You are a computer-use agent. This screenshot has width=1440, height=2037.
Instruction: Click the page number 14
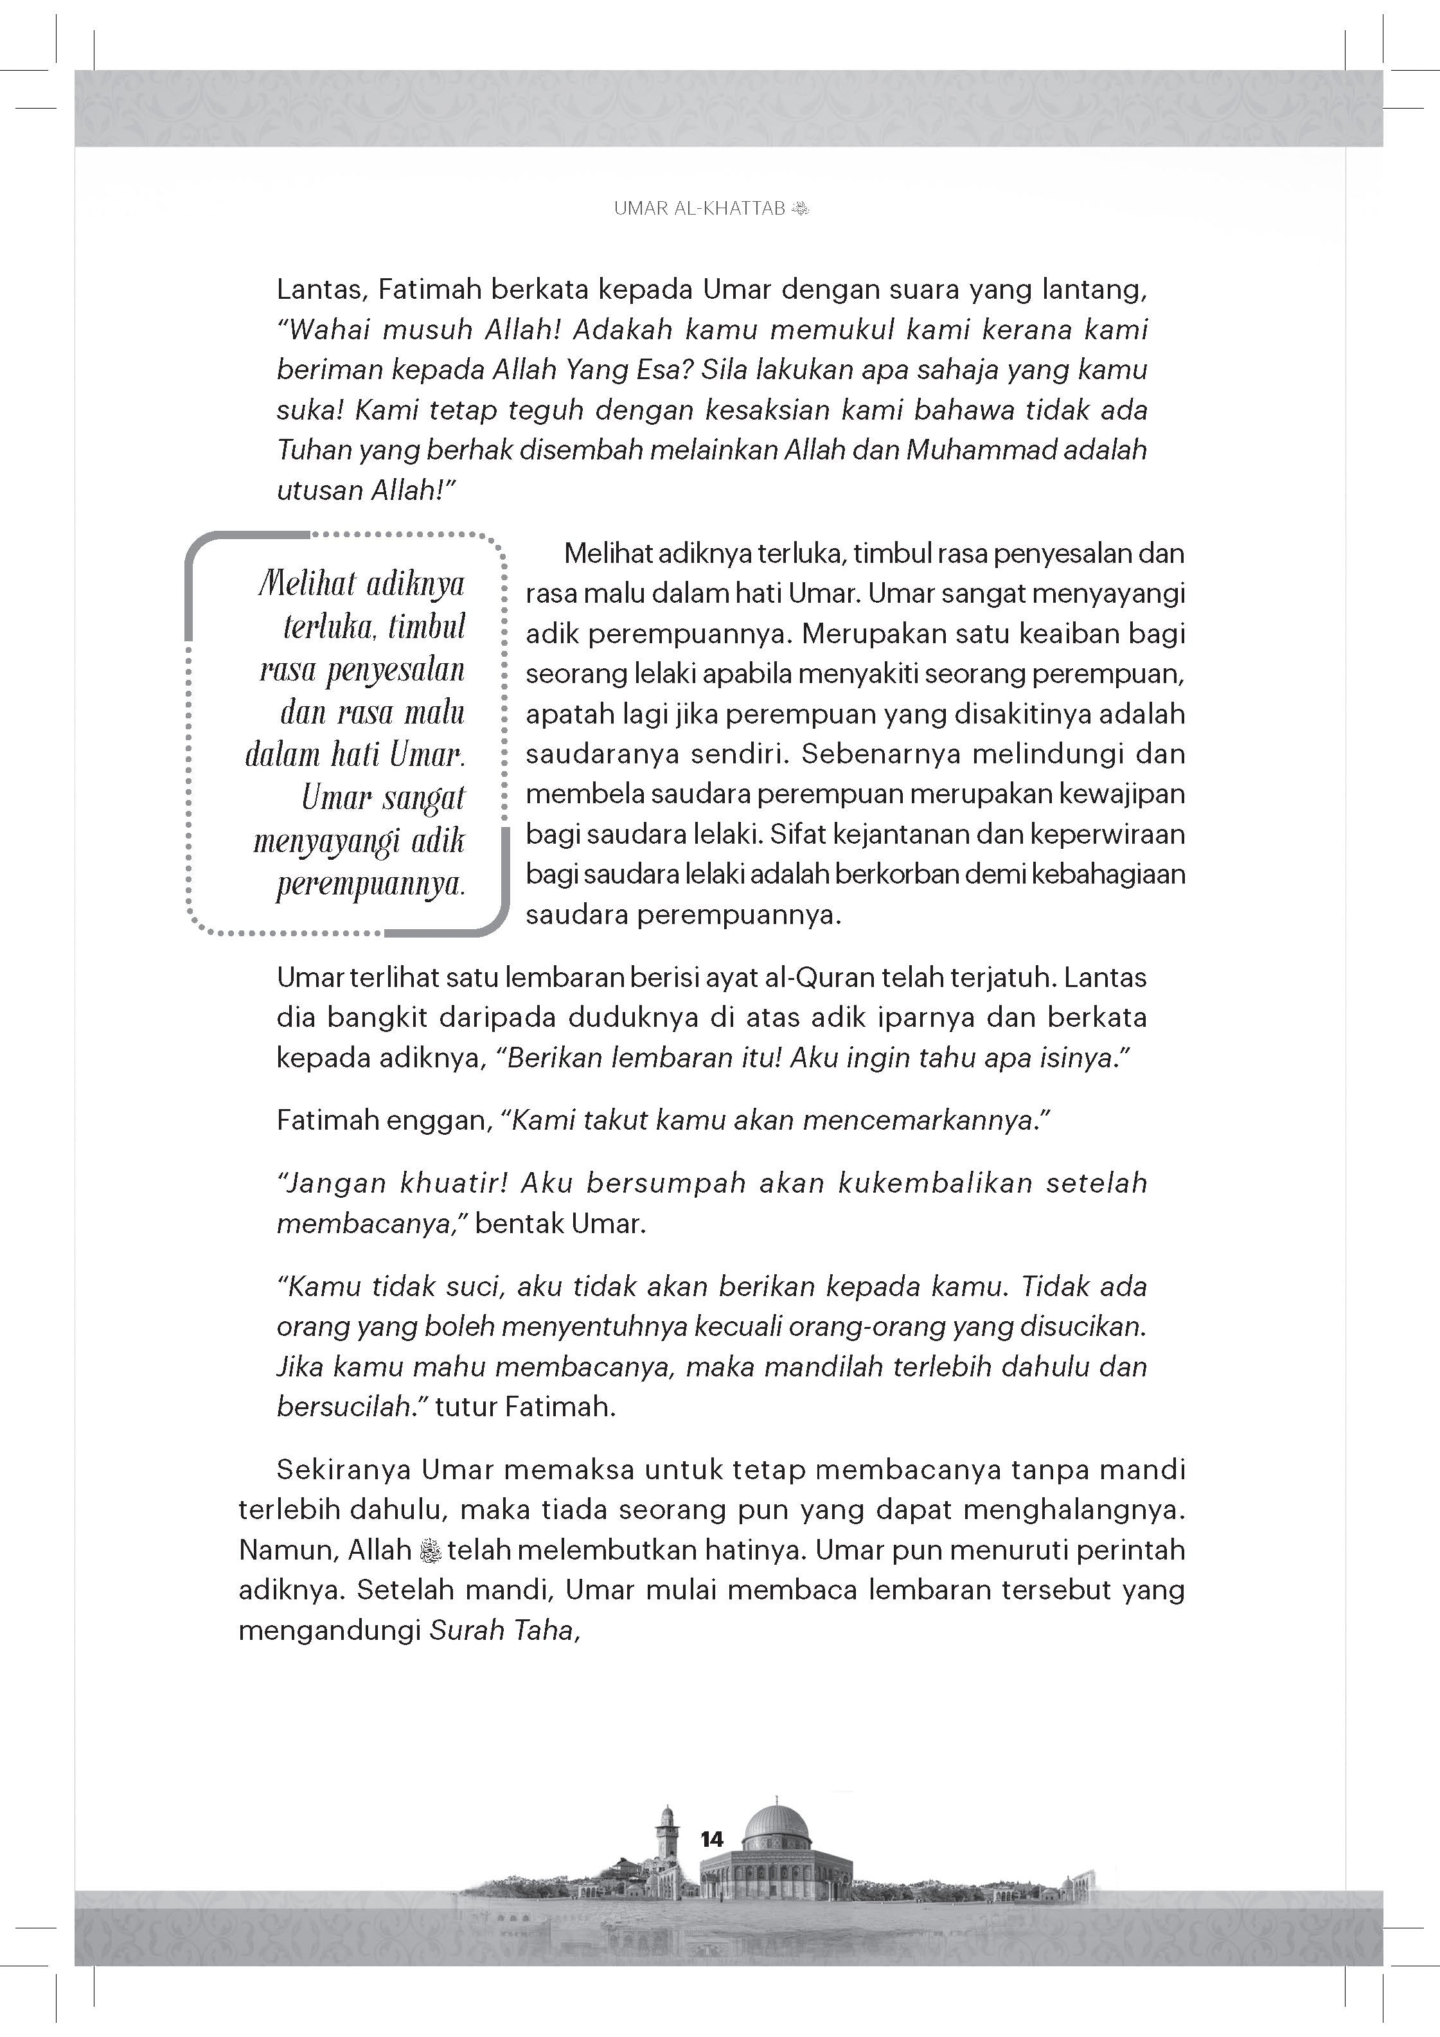click(711, 1840)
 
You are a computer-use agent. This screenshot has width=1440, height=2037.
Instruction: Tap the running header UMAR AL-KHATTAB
click(699, 209)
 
